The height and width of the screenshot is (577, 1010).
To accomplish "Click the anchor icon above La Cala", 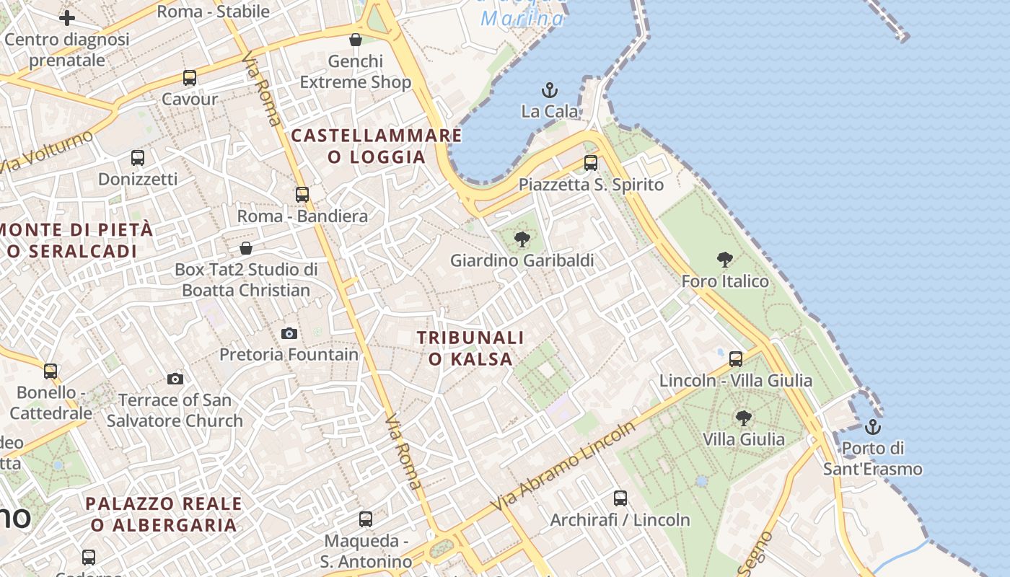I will tap(550, 91).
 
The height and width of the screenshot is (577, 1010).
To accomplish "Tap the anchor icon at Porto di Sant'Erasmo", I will tap(873, 427).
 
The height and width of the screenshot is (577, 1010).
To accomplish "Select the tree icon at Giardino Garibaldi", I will tap(522, 239).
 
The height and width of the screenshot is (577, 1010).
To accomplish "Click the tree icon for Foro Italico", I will tap(725, 260).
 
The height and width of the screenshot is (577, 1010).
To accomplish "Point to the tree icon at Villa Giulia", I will tap(743, 418).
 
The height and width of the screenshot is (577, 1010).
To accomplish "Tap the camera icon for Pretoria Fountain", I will tap(289, 333).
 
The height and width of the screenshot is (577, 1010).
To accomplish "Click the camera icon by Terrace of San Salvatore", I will tap(175, 379).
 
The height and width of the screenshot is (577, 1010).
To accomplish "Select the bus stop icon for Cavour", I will tap(190, 78).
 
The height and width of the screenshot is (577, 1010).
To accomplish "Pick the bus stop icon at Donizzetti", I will tap(138, 157).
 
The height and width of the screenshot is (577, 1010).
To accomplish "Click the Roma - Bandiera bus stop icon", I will tap(302, 194).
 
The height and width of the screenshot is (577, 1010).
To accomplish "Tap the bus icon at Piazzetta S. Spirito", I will tap(591, 163).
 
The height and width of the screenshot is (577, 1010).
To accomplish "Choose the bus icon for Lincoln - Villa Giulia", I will tap(736, 358).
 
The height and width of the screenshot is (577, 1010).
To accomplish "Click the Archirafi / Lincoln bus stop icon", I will tap(620, 498).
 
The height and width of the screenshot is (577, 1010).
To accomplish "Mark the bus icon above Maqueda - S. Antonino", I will tap(366, 519).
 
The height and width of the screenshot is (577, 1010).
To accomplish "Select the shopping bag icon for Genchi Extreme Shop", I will tap(355, 40).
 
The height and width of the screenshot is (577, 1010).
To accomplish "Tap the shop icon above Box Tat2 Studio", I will tap(246, 248).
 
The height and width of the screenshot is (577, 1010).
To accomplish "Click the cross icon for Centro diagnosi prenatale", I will tap(67, 18).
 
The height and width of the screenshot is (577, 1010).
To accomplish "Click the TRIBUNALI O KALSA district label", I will tap(470, 348).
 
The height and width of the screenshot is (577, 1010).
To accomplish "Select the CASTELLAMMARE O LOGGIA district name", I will tap(376, 146).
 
